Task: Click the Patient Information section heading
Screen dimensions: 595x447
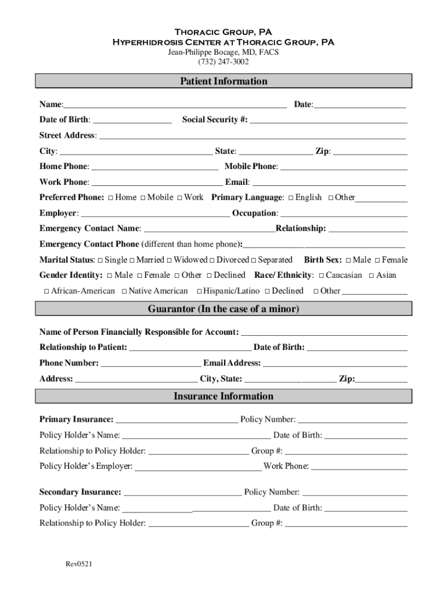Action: click(x=223, y=81)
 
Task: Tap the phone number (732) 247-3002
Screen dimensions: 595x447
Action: click(x=223, y=62)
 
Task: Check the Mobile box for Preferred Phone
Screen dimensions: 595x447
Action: click(x=143, y=198)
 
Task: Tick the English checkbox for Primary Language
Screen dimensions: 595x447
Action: click(x=291, y=198)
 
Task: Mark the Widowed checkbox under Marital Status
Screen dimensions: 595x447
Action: click(x=170, y=260)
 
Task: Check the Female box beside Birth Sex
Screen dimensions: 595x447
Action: click(x=377, y=260)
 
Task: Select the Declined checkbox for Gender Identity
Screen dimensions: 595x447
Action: click(x=210, y=275)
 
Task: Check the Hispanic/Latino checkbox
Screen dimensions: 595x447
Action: click(x=199, y=291)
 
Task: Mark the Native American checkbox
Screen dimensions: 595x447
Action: click(x=124, y=291)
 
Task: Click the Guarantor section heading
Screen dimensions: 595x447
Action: click(x=223, y=309)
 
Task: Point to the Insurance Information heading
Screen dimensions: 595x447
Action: click(x=223, y=396)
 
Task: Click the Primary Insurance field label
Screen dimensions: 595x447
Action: click(x=76, y=419)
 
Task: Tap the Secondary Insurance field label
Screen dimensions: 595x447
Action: click(x=80, y=492)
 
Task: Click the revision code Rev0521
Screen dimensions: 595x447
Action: click(x=79, y=564)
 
